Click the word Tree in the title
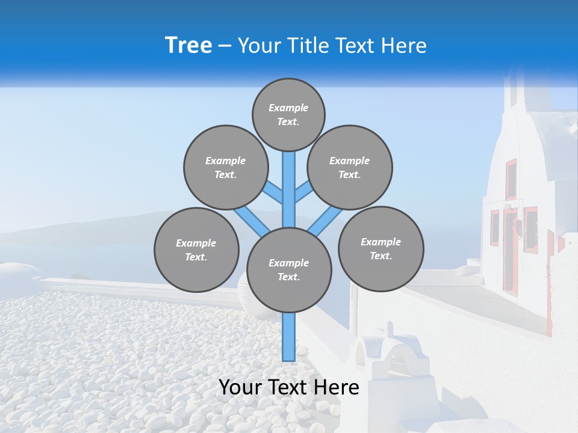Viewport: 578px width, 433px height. pyautogui.click(x=188, y=45)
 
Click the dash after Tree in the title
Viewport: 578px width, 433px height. pyautogui.click(x=225, y=46)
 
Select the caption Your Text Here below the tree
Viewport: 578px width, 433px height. pyautogui.click(x=289, y=387)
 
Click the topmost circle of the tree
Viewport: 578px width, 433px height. pyautogui.click(x=288, y=114)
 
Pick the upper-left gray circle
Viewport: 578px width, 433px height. pyautogui.click(x=225, y=167)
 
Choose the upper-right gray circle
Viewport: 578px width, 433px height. pyautogui.click(x=350, y=167)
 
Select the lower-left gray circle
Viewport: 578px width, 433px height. pyautogui.click(x=196, y=250)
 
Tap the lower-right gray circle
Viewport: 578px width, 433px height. pyautogui.click(x=381, y=248)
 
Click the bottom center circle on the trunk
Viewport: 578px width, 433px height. pyautogui.click(x=289, y=269)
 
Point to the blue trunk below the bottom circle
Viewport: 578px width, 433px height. pyautogui.click(x=289, y=337)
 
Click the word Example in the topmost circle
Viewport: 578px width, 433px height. pyautogui.click(x=288, y=108)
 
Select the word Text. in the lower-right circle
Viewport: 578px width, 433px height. pyautogui.click(x=381, y=256)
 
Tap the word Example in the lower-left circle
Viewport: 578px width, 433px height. pyautogui.click(x=196, y=243)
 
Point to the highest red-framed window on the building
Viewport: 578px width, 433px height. pyautogui.click(x=511, y=179)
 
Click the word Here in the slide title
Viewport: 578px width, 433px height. pyautogui.click(x=403, y=46)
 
